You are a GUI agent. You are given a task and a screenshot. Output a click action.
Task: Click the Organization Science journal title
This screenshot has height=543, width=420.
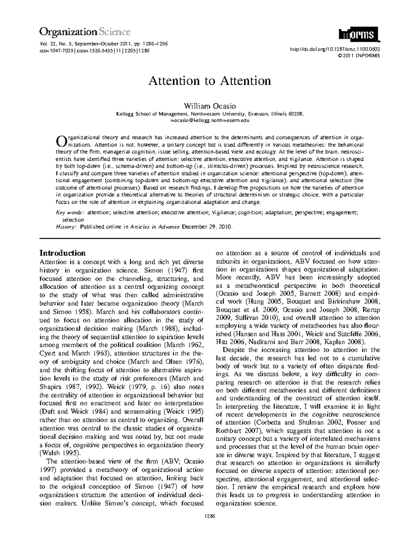click(x=85, y=32)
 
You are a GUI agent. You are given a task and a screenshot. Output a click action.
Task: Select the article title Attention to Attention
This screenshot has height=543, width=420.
click(x=210, y=81)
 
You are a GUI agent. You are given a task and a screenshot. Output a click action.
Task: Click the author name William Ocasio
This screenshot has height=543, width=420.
click(x=210, y=106)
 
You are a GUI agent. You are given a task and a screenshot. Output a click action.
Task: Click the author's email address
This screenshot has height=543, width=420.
click(x=210, y=120)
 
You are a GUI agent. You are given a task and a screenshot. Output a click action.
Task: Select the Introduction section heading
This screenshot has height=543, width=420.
click(x=63, y=253)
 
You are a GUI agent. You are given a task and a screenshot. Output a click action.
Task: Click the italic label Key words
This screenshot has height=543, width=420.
click(x=70, y=213)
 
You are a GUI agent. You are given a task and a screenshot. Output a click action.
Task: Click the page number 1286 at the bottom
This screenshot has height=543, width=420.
click(x=210, y=516)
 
